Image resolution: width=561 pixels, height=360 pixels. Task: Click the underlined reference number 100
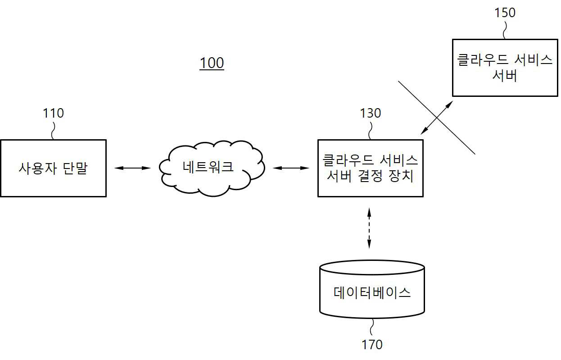click(212, 63)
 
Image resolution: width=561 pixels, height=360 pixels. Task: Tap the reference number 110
click(53, 113)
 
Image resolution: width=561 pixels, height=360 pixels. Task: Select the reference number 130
click(371, 113)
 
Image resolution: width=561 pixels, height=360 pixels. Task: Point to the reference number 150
click(505, 13)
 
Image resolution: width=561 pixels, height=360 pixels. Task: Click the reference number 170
click(372, 345)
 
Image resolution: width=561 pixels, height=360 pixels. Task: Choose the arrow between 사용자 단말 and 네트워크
click(132, 168)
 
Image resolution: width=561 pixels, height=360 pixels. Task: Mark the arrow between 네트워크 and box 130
click(291, 168)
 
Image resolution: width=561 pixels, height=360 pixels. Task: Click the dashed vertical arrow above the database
click(369, 228)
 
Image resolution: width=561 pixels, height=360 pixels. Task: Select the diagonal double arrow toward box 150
click(437, 118)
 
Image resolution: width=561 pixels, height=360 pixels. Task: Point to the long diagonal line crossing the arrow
click(437, 118)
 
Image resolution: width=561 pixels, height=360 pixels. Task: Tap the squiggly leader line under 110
click(53, 131)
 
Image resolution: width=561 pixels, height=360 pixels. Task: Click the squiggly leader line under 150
click(505, 30)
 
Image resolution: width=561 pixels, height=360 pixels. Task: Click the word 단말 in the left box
click(75, 168)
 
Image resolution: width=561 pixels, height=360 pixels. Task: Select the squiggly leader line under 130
click(370, 131)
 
